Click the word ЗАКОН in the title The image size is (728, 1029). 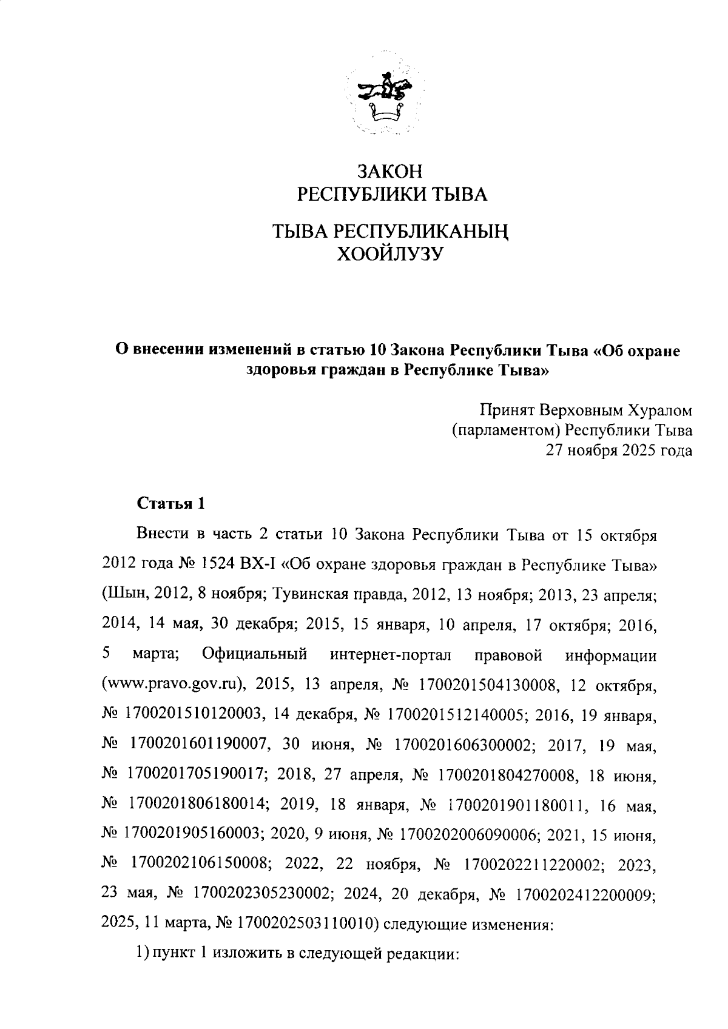click(389, 172)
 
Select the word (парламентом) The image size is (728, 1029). click(501, 431)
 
